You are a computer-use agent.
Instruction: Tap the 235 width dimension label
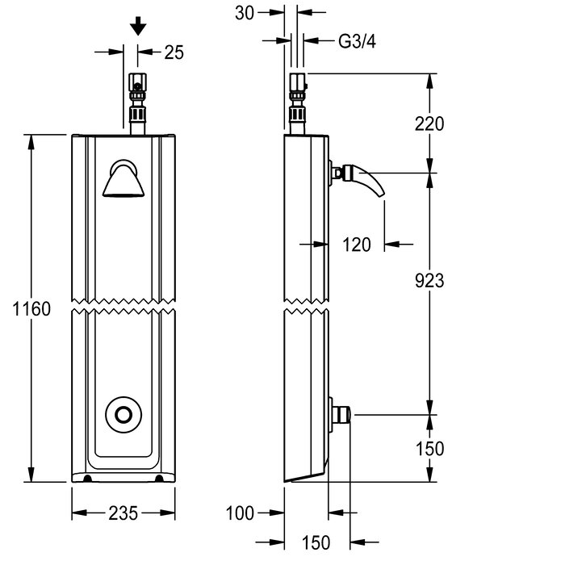(123, 513)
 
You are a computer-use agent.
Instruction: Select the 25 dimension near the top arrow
(174, 52)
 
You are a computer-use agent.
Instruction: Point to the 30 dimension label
(245, 12)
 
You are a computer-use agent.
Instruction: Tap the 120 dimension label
(356, 243)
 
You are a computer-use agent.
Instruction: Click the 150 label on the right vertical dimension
(430, 449)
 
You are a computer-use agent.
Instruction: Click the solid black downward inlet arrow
(138, 27)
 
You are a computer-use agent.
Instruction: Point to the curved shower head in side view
(367, 183)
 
